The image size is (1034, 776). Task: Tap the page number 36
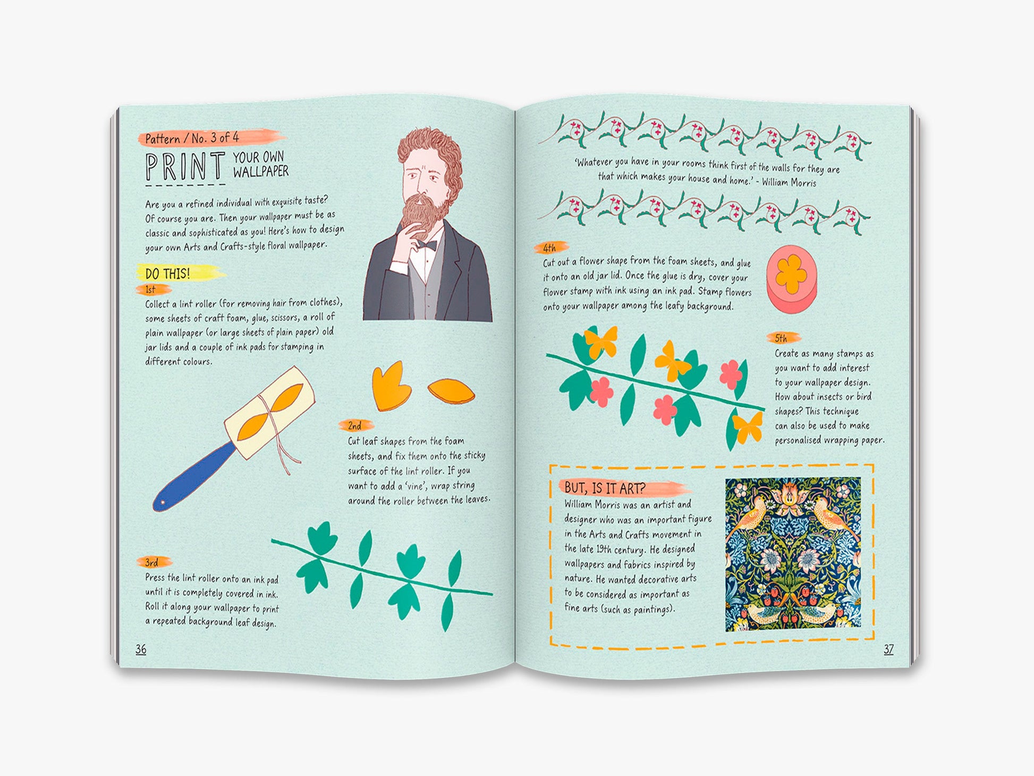pyautogui.click(x=141, y=649)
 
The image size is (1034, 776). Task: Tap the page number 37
pyautogui.click(x=888, y=649)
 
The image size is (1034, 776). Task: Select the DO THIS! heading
pyautogui.click(x=167, y=274)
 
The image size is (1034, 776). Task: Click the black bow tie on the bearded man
pyautogui.click(x=426, y=246)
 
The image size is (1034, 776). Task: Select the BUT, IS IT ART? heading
pyautogui.click(x=605, y=487)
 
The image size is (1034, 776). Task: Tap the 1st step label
pyautogui.click(x=151, y=290)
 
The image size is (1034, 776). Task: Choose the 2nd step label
pyautogui.click(x=355, y=426)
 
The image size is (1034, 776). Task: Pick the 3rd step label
pyautogui.click(x=152, y=562)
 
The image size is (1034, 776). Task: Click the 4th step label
pyautogui.click(x=549, y=248)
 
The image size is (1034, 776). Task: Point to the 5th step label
pyautogui.click(x=781, y=338)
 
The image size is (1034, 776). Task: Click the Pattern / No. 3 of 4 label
pyautogui.click(x=192, y=138)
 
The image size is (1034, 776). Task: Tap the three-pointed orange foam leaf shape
pyautogui.click(x=391, y=386)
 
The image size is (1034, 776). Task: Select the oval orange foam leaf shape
pyautogui.click(x=451, y=391)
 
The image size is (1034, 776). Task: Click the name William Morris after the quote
pyautogui.click(x=789, y=182)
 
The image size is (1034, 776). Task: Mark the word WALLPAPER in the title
pyautogui.click(x=261, y=172)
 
